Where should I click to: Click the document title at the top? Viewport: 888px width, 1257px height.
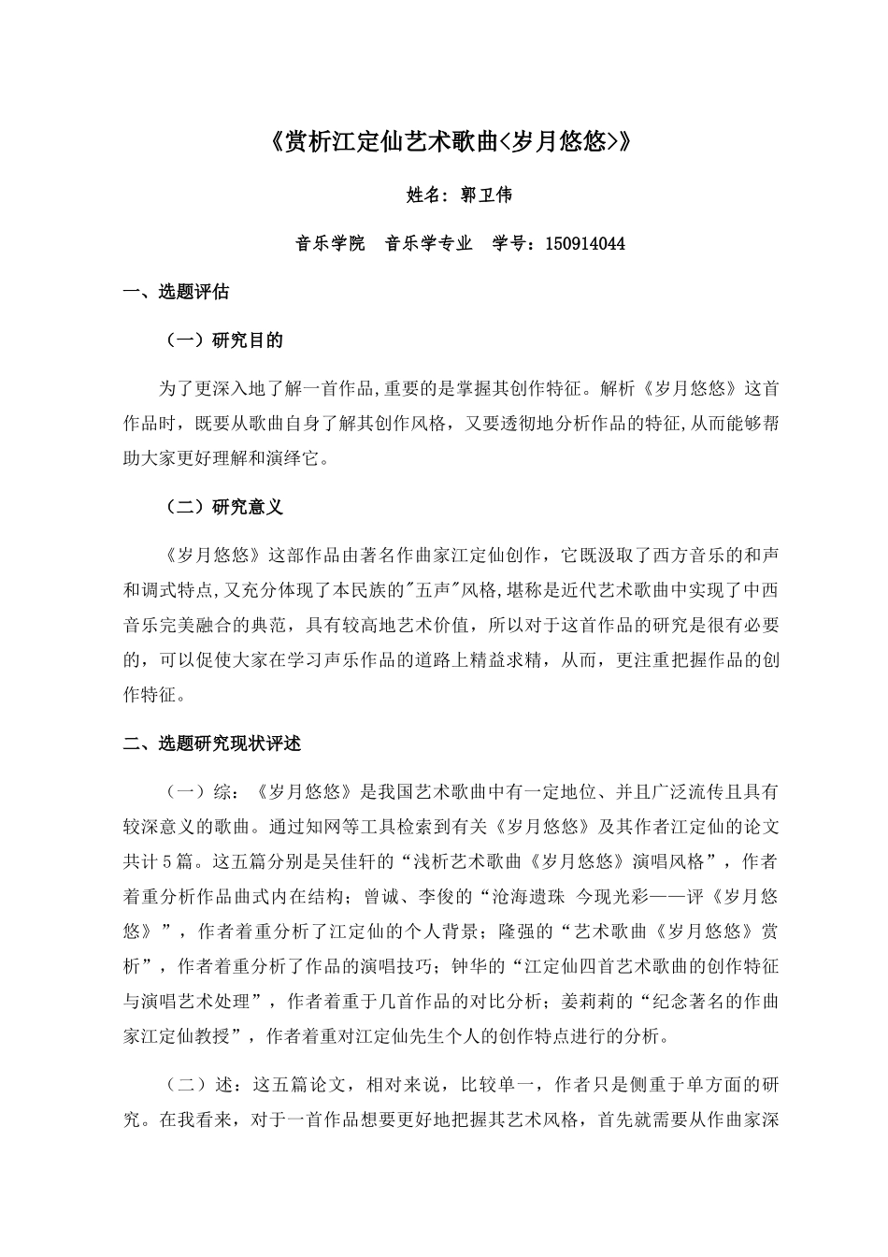(x=444, y=142)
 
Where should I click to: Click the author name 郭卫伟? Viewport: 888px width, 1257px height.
(x=486, y=195)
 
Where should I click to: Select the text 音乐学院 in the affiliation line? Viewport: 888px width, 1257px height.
(x=330, y=244)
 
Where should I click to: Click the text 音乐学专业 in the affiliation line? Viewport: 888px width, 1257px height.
(x=429, y=244)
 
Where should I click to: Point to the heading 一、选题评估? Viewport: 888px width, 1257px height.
(x=177, y=292)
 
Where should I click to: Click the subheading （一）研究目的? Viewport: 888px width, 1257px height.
(x=224, y=340)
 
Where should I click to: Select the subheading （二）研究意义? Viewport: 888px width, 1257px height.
(x=224, y=507)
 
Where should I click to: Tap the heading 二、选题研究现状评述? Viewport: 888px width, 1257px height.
(x=212, y=744)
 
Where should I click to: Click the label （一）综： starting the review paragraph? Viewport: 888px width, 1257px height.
(x=203, y=792)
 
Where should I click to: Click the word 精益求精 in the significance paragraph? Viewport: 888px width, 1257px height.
(x=499, y=660)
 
